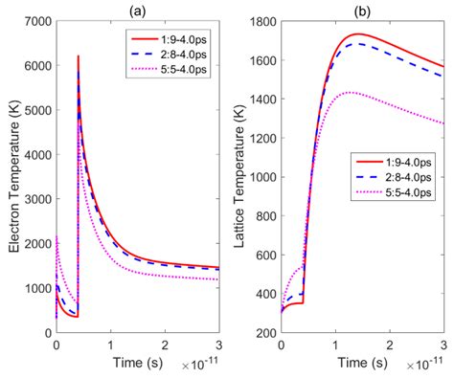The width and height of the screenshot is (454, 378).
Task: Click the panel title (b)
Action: pos(361,10)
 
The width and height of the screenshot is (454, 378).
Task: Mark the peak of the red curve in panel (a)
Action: pos(79,56)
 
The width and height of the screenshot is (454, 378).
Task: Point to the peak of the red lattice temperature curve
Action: pos(357,33)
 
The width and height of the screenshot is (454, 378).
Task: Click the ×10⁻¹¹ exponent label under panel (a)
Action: pos(202,365)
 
